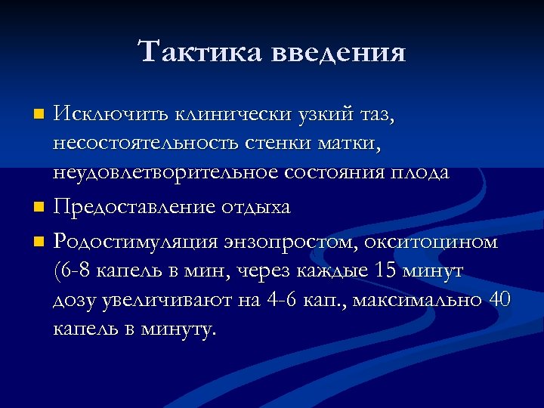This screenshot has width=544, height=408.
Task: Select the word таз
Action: tap(376, 116)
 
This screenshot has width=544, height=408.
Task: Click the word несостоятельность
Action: tap(154, 144)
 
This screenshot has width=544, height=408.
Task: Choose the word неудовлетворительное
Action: tap(166, 172)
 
